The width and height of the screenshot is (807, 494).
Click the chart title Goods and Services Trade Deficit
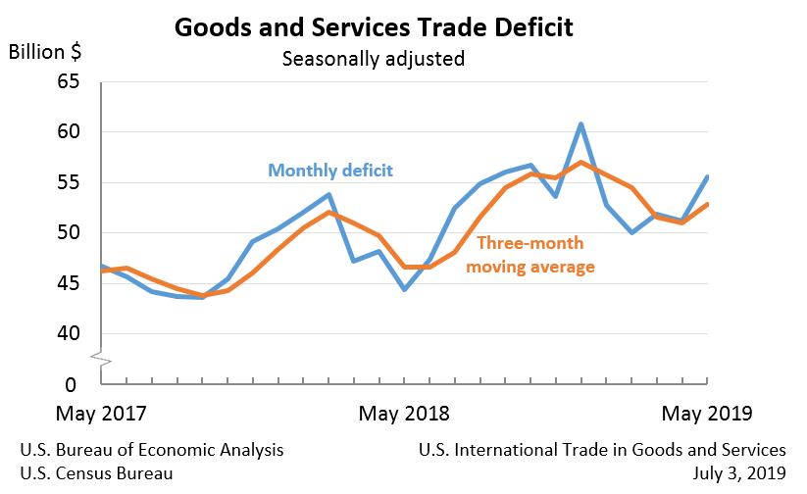pyautogui.click(x=374, y=26)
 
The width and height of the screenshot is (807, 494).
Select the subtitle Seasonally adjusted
pyautogui.click(x=373, y=59)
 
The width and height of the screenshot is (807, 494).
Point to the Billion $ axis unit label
pyautogui.click(x=45, y=52)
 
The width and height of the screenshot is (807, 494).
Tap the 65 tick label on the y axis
pyautogui.click(x=68, y=81)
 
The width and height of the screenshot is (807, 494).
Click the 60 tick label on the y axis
pyautogui.click(x=68, y=132)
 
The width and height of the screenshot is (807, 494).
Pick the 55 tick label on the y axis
pyautogui.click(x=68, y=183)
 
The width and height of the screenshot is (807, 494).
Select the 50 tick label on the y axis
pyautogui.click(x=68, y=233)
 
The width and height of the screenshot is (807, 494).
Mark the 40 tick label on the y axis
pyautogui.click(x=68, y=334)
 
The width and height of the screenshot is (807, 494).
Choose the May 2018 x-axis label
pyautogui.click(x=405, y=414)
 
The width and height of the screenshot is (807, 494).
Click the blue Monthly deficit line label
pyautogui.click(x=330, y=171)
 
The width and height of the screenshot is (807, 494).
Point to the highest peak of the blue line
pyautogui.click(x=581, y=124)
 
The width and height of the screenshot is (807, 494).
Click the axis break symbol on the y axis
pyautogui.click(x=102, y=360)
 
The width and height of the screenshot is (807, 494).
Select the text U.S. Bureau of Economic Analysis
pyautogui.click(x=152, y=450)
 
